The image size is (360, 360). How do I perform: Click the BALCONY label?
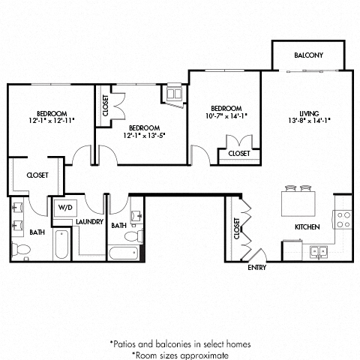pos(308,55)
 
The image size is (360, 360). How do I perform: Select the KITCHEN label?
pos(307,226)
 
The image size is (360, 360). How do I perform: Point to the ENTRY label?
pos(257,266)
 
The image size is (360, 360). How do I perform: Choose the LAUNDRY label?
pos(88,223)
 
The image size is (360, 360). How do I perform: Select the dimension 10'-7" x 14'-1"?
pos(226,116)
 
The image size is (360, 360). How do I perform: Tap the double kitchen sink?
pos(320,252)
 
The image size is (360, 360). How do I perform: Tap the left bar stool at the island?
pos(290,187)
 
